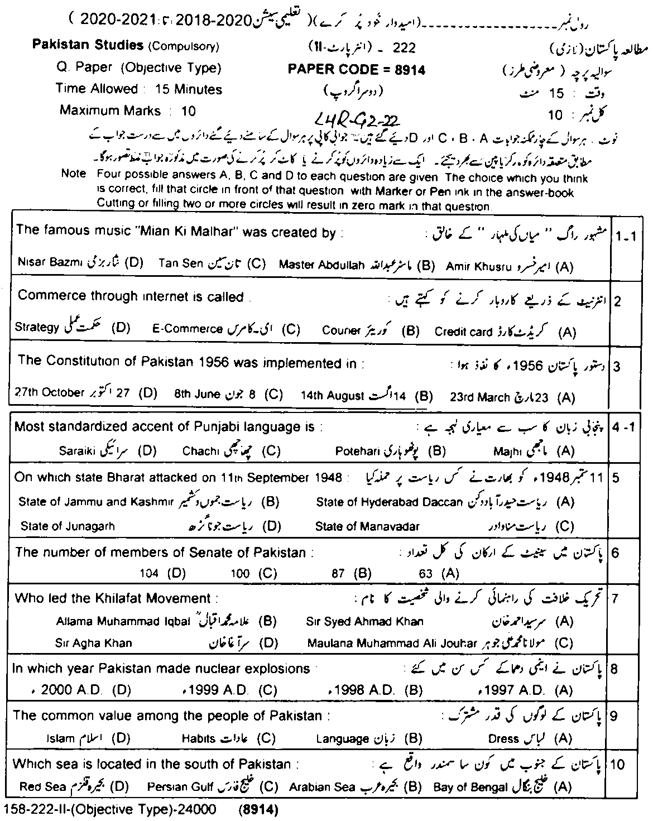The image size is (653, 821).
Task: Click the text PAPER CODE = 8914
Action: (x=356, y=69)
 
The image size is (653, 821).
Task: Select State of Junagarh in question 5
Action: (x=68, y=526)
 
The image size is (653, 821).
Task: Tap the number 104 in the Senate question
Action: (x=150, y=573)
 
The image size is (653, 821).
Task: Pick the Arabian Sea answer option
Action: (x=322, y=788)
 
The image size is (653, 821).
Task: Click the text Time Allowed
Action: (x=97, y=89)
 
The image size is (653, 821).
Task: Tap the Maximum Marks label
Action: (x=110, y=111)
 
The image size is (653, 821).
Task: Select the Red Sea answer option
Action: (x=43, y=787)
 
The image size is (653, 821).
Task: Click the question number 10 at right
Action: (x=617, y=764)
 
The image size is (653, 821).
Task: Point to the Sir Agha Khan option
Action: (x=94, y=642)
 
